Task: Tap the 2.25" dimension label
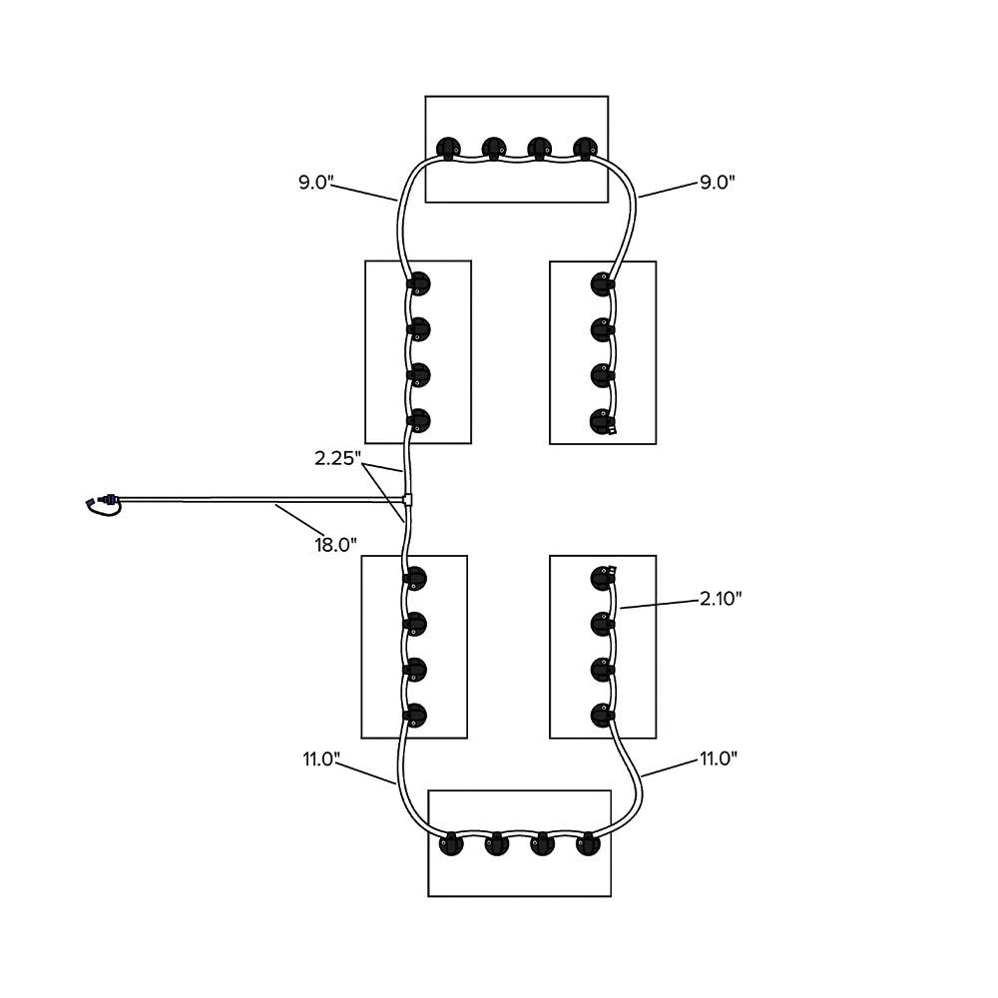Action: [337, 458]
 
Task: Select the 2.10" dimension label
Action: [721, 598]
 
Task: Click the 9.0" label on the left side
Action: [315, 183]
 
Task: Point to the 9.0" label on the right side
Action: [717, 183]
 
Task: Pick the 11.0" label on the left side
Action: [322, 758]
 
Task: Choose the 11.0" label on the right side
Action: [718, 758]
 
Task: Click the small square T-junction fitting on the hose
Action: [407, 498]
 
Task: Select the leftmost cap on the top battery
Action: [449, 149]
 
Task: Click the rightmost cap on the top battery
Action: [586, 149]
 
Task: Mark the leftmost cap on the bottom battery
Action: [452, 844]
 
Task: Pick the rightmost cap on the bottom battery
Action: [589, 844]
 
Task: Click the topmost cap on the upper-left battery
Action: [418, 283]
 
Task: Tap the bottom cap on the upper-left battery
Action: [418, 420]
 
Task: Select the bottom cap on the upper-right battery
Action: [601, 420]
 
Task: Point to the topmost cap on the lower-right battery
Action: [601, 578]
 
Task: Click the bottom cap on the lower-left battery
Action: [414, 715]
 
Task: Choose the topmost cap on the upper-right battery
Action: [601, 283]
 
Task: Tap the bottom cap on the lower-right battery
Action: [601, 715]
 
